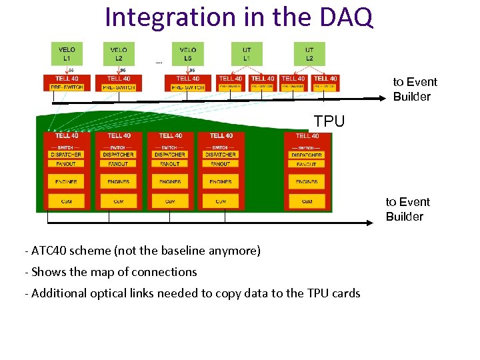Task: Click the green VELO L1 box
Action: point(67,54)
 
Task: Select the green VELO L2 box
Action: point(119,54)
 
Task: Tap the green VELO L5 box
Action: point(188,54)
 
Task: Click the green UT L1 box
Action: point(246,54)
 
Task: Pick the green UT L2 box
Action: point(309,54)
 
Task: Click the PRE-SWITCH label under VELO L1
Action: point(67,87)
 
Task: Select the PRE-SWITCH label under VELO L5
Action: point(188,87)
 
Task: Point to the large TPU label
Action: point(329,121)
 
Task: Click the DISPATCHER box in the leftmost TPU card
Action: point(67,155)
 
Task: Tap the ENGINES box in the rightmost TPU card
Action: point(307,181)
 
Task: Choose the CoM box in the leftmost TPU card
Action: point(67,201)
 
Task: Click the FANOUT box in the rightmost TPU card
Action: point(307,164)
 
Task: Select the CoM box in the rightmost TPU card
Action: point(307,201)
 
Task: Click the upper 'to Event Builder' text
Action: point(415,89)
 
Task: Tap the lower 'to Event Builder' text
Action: point(407,209)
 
